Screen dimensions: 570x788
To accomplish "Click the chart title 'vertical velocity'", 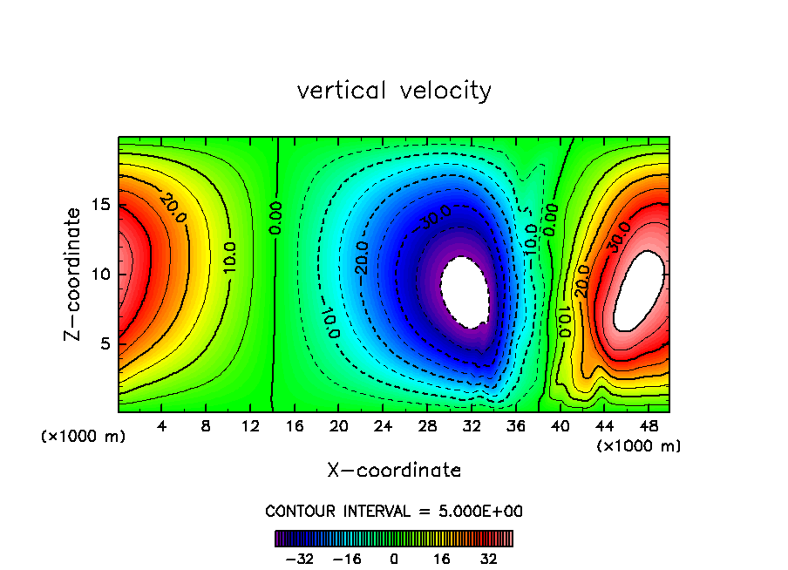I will pyautogui.click(x=394, y=91).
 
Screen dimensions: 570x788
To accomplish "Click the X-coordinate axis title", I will pyautogui.click(x=394, y=471).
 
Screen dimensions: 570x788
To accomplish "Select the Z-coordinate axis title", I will pyautogui.click(x=75, y=274).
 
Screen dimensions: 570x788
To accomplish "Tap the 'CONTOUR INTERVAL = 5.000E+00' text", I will pyautogui.click(x=394, y=511).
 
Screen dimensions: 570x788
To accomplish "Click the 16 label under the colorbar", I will pyautogui.click(x=443, y=559).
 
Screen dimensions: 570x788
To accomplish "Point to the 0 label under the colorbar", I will pyautogui.click(x=394, y=559).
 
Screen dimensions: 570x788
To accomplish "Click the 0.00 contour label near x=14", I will pyautogui.click(x=275, y=218).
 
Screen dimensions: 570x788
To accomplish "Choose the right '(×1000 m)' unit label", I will pyautogui.click(x=639, y=446).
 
